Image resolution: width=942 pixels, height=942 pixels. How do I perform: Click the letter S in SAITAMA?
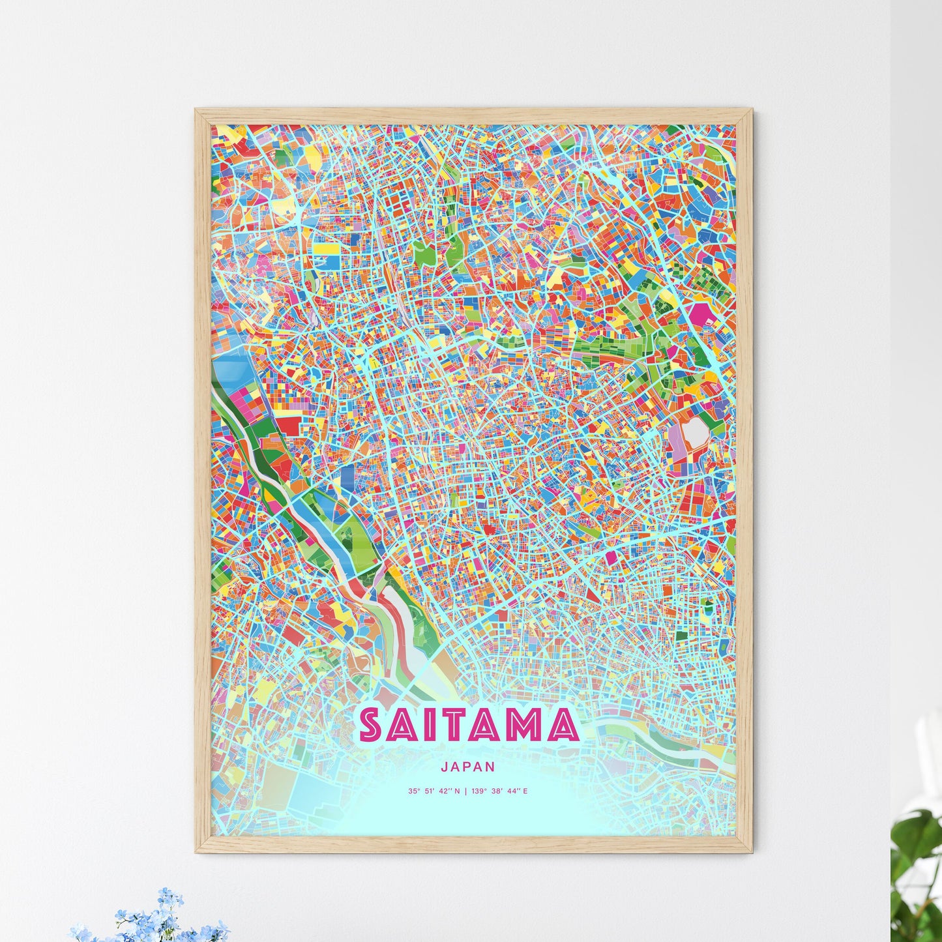click(372, 726)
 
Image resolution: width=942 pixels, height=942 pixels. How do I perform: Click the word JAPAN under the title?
click(467, 767)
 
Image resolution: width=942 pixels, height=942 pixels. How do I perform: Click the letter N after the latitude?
click(456, 791)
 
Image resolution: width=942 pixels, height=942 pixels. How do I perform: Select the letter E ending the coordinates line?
click(525, 791)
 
